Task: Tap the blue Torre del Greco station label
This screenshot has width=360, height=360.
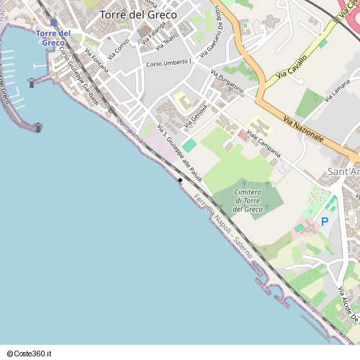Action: [x=53, y=38]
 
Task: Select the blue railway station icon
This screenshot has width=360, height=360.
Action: [x=53, y=22]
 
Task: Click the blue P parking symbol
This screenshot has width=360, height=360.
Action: [x=324, y=222]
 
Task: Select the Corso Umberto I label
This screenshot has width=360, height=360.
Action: [x=169, y=63]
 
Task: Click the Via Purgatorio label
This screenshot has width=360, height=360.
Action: [x=228, y=82]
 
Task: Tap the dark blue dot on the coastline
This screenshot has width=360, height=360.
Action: [x=180, y=180]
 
